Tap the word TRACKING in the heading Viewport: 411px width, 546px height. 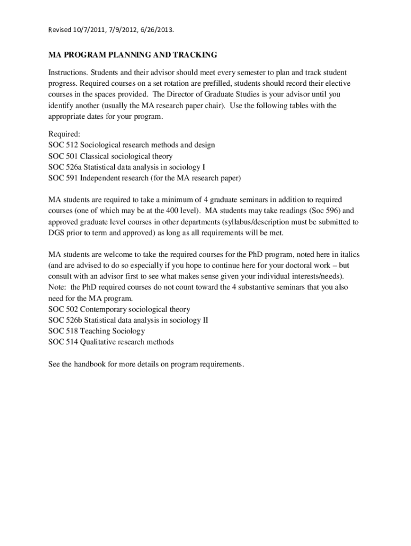(x=194, y=55)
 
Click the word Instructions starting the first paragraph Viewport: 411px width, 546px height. (x=67, y=72)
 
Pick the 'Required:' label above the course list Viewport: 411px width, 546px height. (x=64, y=133)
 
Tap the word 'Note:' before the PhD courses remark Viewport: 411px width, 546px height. (x=58, y=287)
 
